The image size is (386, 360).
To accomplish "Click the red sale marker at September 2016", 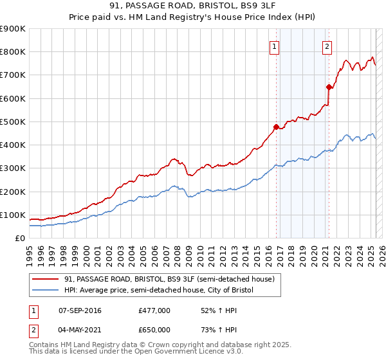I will (276, 127).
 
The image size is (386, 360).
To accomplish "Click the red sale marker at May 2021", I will (329, 87).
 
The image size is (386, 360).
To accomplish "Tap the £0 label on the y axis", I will (19, 238).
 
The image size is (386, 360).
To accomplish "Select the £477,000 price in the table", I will (154, 310).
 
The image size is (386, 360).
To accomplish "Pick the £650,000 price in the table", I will (154, 329).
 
